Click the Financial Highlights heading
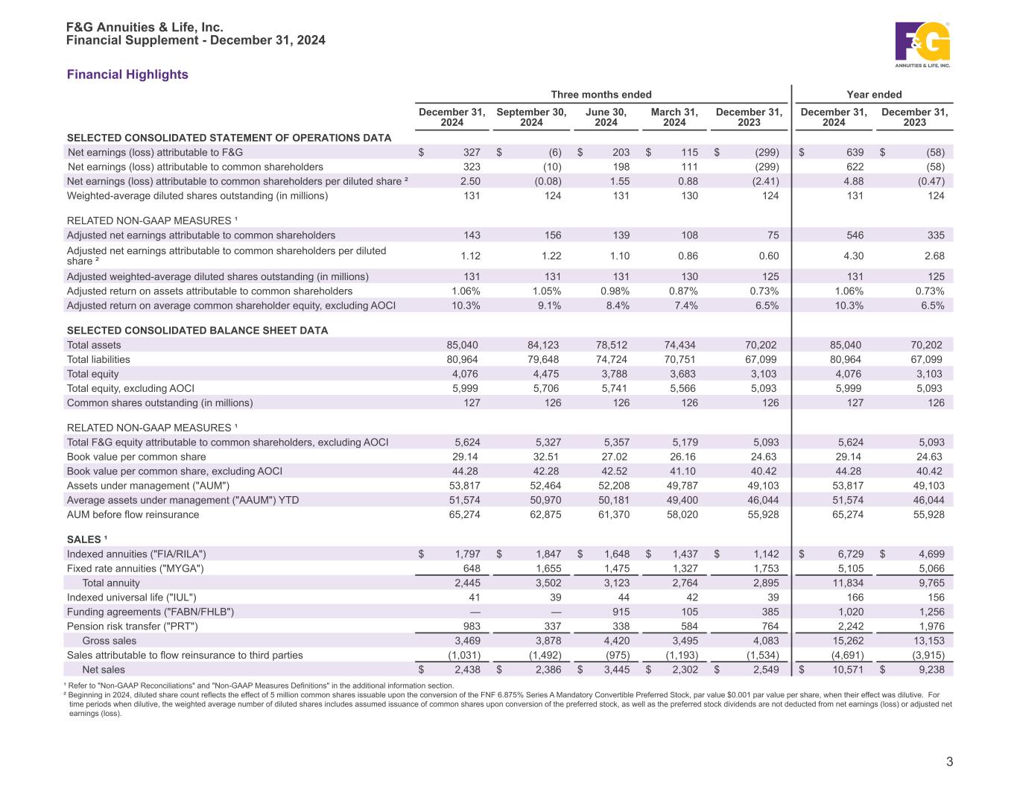point(127,75)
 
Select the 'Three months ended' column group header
point(601,95)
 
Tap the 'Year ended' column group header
point(874,95)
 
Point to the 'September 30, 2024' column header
point(531,117)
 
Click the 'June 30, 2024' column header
point(606,117)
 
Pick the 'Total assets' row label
point(94,345)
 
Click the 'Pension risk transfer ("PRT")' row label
point(133,627)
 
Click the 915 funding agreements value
point(618,612)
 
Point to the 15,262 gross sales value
point(848,641)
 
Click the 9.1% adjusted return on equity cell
point(548,305)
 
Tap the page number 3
point(949,761)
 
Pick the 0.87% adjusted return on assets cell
point(682,291)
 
